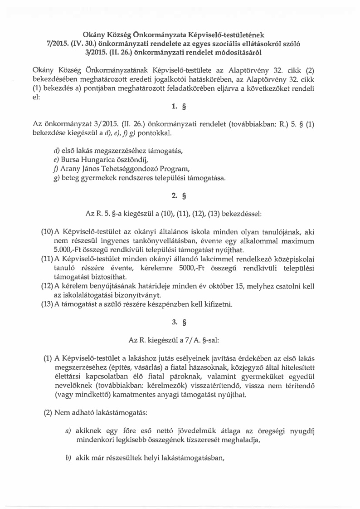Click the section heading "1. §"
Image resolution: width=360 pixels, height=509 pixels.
(180, 108)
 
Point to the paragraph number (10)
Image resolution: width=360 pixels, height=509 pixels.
(48, 231)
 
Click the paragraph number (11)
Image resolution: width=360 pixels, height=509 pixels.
(48, 259)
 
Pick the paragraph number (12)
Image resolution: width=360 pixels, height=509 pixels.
(48, 286)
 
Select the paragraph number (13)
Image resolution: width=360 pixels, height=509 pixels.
(48, 304)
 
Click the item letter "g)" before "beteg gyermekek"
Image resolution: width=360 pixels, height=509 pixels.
(56, 178)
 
